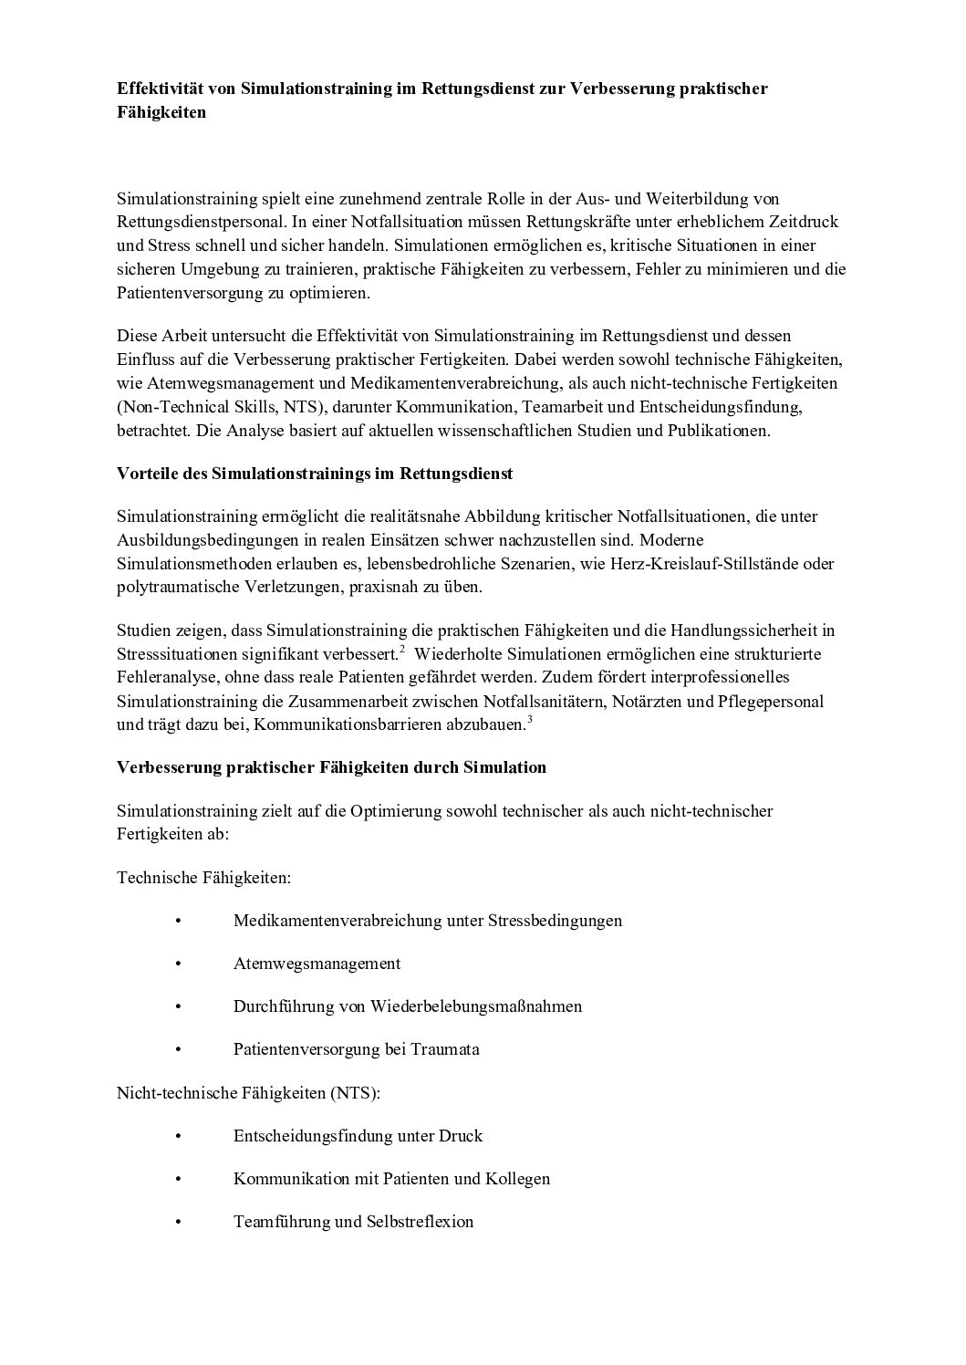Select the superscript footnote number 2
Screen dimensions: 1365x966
(x=402, y=650)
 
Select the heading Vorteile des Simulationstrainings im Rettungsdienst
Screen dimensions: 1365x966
(x=315, y=474)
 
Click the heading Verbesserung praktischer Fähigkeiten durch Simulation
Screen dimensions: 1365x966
(x=331, y=767)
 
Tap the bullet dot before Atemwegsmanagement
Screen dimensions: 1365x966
(x=178, y=964)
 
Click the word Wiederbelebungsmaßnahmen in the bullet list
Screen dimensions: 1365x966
(x=475, y=1006)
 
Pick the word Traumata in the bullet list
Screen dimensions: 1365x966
(x=444, y=1049)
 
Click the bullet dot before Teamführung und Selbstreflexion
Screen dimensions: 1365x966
(x=178, y=1222)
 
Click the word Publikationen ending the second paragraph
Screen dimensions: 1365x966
(x=719, y=432)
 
